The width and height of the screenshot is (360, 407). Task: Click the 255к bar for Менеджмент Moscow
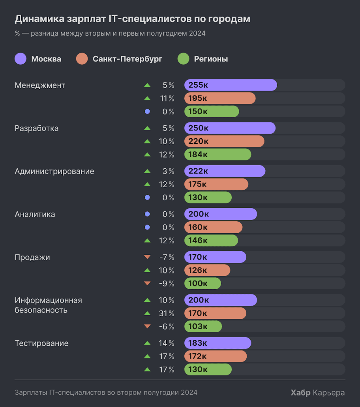point(231,85)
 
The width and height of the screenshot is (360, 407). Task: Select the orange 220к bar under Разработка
point(224,141)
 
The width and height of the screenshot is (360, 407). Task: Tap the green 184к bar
point(217,155)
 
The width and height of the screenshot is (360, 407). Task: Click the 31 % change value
point(167,313)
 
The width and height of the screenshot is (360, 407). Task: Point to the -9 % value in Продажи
point(167,283)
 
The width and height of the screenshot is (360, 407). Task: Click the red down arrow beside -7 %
point(148,257)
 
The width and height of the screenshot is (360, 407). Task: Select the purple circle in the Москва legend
point(21,59)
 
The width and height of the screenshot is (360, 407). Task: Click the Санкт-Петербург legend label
point(127,59)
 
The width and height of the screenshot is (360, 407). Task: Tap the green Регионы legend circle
point(184,59)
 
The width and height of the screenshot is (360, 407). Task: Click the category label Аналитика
point(35,214)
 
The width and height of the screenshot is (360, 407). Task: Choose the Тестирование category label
point(41,343)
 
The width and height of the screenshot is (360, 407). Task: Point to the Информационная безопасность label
point(48,305)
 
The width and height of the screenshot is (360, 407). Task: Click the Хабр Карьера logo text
point(317,392)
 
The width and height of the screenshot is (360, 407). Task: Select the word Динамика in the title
point(36,19)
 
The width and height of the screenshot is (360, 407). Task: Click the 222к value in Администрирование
point(198,171)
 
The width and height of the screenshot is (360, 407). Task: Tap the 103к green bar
point(203,326)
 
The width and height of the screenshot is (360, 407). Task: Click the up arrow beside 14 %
point(148,343)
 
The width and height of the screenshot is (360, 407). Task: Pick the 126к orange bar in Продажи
point(207,270)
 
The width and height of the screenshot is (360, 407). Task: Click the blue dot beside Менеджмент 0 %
point(148,112)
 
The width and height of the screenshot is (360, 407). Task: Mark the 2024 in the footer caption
point(189,392)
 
